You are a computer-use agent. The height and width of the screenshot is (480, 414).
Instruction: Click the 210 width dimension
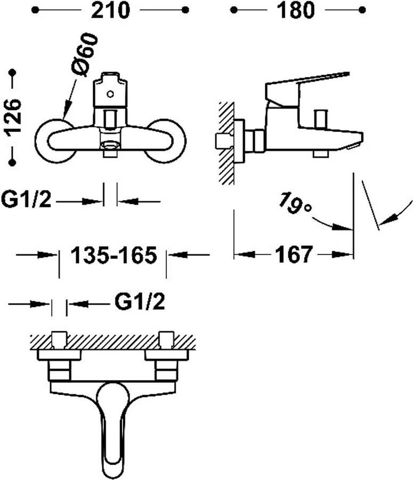click(x=110, y=10)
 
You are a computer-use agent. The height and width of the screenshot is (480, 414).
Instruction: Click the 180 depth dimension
click(x=295, y=10)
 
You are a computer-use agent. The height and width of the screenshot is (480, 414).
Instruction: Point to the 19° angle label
click(x=295, y=203)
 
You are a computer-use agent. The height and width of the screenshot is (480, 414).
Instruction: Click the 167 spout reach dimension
click(x=294, y=254)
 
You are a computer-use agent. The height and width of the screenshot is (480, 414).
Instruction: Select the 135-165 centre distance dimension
click(x=113, y=255)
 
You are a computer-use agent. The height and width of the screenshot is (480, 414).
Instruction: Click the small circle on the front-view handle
click(x=110, y=94)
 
